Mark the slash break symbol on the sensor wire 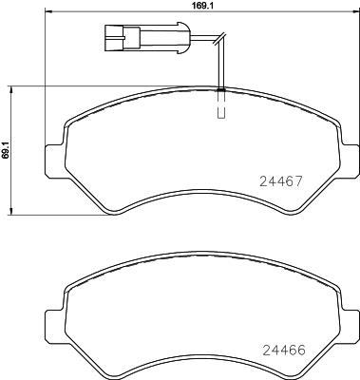(218, 40)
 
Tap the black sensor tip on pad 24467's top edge (220, 90)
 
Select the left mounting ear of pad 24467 (55, 154)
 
